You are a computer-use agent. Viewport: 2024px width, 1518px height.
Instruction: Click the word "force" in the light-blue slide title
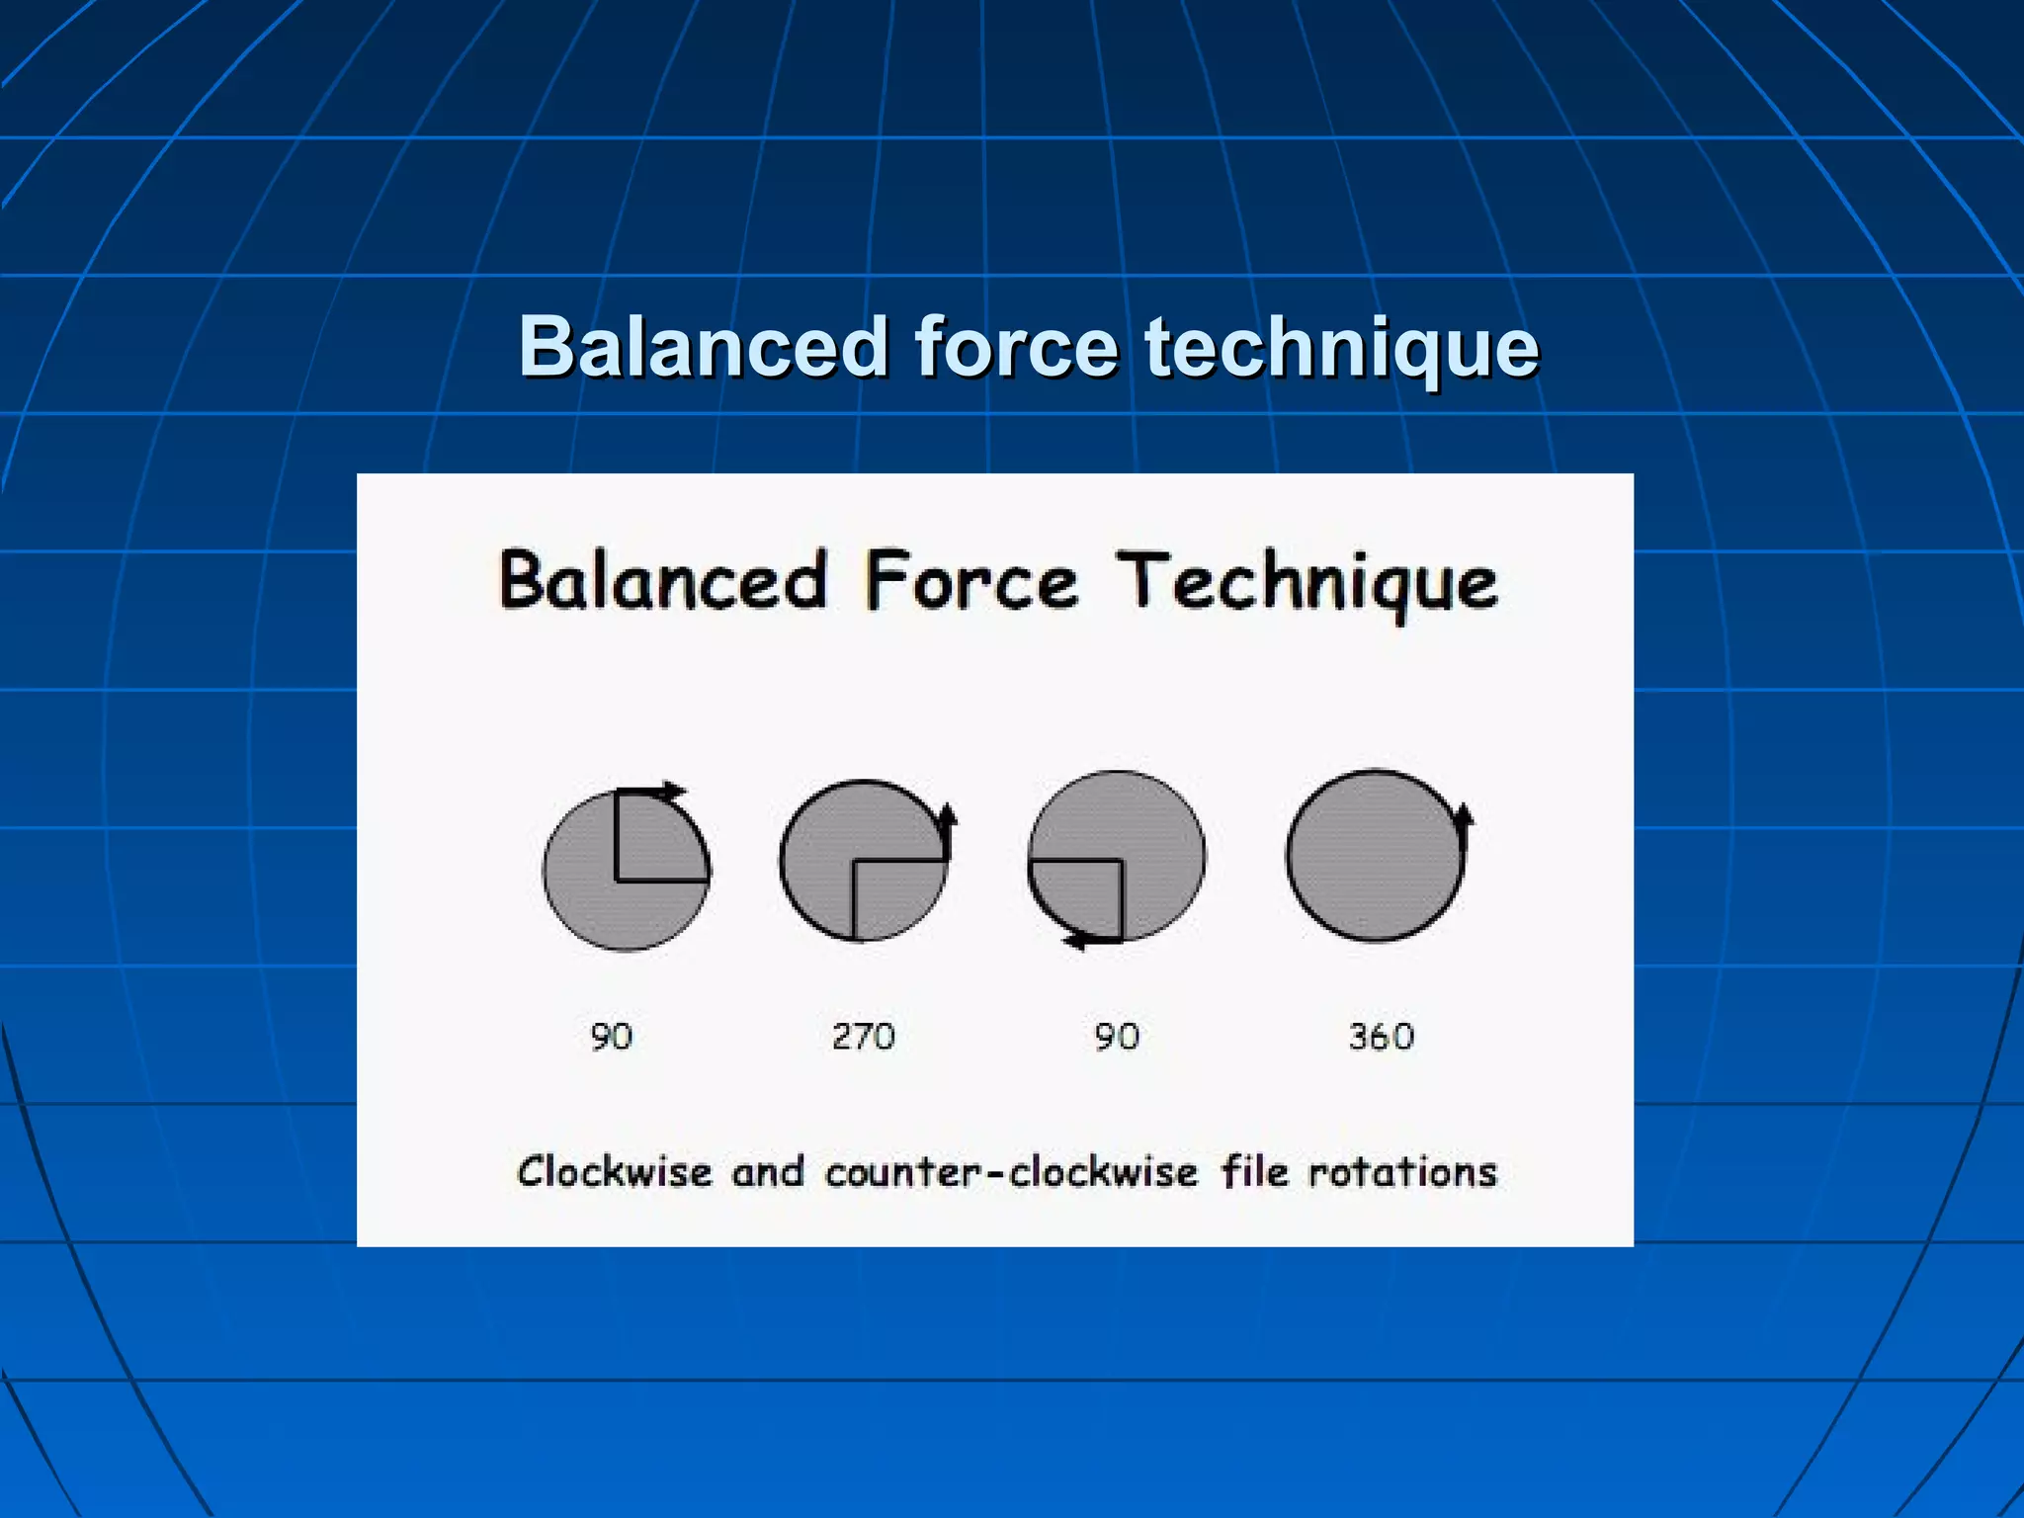pos(1017,348)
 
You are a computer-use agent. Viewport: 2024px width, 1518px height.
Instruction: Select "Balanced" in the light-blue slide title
pos(704,348)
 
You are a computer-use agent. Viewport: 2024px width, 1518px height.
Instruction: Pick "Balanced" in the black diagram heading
pos(662,581)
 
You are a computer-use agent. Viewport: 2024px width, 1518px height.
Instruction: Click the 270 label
pos(863,1037)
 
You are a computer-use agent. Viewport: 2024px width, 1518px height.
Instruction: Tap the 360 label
pos(1381,1037)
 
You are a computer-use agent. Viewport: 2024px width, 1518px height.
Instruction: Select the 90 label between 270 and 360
pos(1117,1037)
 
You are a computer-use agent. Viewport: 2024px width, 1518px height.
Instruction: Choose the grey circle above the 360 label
pos(1374,856)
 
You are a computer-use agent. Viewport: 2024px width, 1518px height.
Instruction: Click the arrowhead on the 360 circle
pos(1463,816)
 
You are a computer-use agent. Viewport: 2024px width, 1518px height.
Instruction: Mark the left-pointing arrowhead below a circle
pos(1076,940)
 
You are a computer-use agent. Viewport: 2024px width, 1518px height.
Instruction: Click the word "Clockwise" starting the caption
pos(614,1173)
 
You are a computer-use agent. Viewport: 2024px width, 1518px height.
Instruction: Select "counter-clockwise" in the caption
pos(1011,1173)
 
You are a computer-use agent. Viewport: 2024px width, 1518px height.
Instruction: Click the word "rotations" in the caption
pos(1403,1173)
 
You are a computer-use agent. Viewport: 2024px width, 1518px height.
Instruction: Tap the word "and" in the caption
pos(768,1173)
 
